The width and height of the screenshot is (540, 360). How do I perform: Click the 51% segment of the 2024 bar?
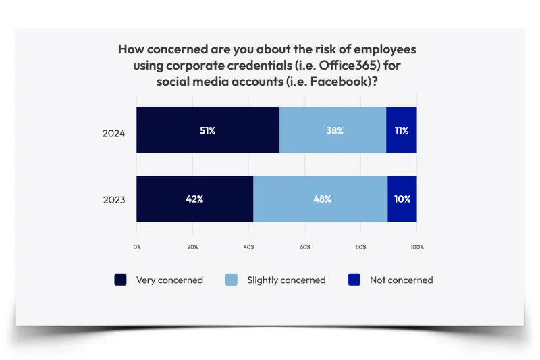click(208, 130)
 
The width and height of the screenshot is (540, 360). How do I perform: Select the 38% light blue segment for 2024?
click(333, 130)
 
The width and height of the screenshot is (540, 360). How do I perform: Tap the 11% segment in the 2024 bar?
click(402, 130)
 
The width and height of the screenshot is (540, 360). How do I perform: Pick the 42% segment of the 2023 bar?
click(195, 199)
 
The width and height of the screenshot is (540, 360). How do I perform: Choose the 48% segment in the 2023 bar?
click(321, 199)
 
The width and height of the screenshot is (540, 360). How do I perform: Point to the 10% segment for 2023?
click(402, 199)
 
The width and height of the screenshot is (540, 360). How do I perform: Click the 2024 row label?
click(113, 134)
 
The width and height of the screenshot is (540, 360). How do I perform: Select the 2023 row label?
click(114, 200)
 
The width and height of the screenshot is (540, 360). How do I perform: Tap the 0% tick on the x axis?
click(137, 247)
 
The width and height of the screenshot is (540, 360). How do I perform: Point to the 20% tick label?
click(192, 247)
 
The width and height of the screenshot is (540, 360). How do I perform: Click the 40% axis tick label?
click(248, 247)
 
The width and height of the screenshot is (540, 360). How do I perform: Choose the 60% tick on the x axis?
click(305, 247)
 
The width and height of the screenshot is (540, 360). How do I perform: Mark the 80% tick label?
click(361, 247)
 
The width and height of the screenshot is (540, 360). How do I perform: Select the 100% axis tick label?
click(417, 247)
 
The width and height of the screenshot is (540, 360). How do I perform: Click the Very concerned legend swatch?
click(121, 280)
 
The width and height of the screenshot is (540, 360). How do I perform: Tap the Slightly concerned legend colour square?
click(232, 280)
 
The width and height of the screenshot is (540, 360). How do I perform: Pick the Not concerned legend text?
click(401, 280)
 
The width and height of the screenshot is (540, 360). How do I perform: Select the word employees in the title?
click(385, 49)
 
